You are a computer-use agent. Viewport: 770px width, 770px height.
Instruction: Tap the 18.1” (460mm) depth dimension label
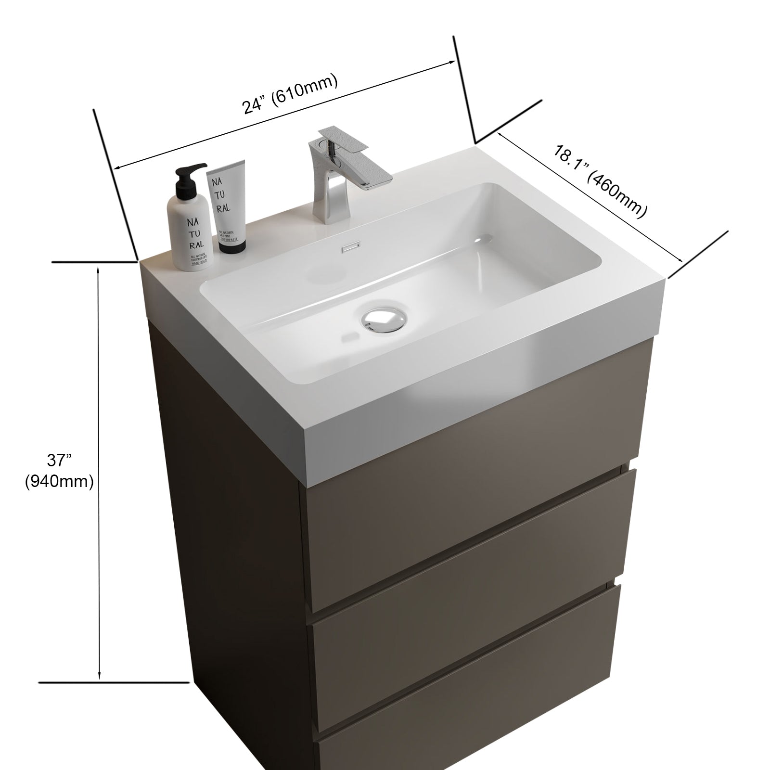point(599,182)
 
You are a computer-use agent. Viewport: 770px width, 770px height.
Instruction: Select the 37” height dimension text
point(59,460)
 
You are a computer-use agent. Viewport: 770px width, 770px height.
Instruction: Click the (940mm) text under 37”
point(59,481)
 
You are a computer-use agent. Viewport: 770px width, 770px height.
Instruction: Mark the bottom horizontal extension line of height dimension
point(114,682)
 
